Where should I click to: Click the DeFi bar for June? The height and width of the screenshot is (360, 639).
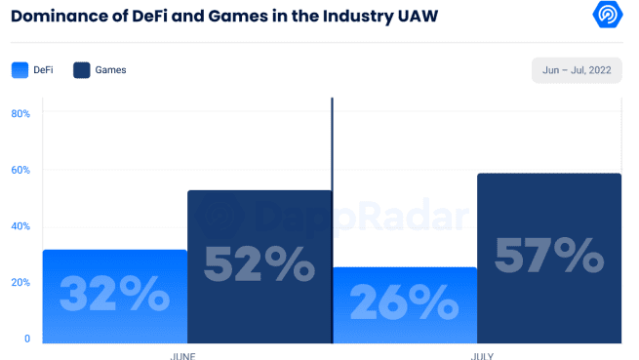coord(114,297)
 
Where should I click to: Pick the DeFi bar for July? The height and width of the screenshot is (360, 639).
coord(405,305)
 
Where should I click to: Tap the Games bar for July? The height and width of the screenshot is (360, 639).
coord(549,259)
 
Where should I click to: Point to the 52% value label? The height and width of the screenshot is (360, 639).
coord(259,263)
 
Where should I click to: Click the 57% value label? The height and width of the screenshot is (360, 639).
coord(549,256)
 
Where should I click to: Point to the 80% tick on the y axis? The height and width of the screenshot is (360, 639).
coord(20,113)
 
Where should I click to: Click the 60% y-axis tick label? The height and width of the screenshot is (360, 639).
coord(20,170)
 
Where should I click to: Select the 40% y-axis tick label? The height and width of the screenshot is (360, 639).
coord(20,226)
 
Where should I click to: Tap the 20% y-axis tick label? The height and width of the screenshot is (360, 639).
coord(20,282)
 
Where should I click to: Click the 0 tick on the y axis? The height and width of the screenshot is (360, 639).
coord(27,339)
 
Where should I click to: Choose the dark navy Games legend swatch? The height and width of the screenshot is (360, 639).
coord(82,69)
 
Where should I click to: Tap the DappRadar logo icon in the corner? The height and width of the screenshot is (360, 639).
coord(610,16)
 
